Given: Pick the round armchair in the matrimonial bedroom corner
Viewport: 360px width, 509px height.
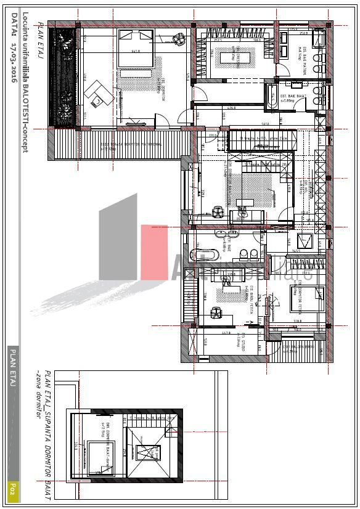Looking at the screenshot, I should click(179, 39).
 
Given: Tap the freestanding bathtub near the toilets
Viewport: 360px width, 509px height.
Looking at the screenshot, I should click(210, 254).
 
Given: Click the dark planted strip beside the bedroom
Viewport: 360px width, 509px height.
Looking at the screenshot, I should click(64, 77).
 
